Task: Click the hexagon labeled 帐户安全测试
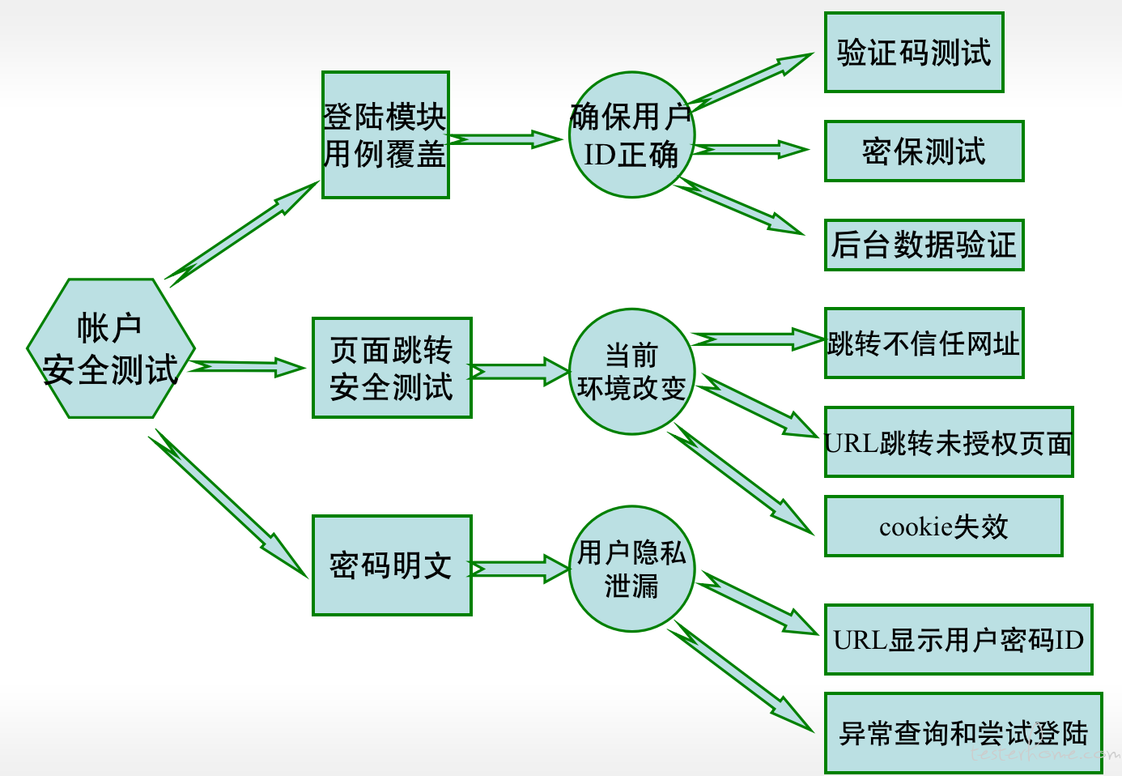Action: pyautogui.click(x=111, y=348)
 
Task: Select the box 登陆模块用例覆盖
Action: pyautogui.click(x=385, y=134)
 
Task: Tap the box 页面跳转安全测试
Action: pyautogui.click(x=392, y=368)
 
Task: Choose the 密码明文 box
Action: pyautogui.click(x=392, y=565)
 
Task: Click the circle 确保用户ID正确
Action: pyautogui.click(x=631, y=134)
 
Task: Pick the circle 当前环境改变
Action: pyautogui.click(x=631, y=372)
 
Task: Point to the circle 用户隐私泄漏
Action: pyautogui.click(x=631, y=569)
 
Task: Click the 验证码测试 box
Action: pyautogui.click(x=914, y=52)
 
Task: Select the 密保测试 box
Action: pyautogui.click(x=924, y=151)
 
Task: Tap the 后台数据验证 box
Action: pyautogui.click(x=924, y=245)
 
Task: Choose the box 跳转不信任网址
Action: pyautogui.click(x=924, y=343)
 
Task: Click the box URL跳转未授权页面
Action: pyautogui.click(x=949, y=441)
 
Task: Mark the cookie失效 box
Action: pyautogui.click(x=944, y=526)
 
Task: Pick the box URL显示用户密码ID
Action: pyautogui.click(x=958, y=639)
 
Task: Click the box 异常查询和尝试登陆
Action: pyautogui.click(x=963, y=733)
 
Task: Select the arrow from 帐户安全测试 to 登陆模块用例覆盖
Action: pyautogui.click(x=242, y=234)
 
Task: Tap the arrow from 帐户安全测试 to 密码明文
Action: pyautogui.click(x=228, y=503)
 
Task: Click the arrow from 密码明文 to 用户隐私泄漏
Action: pyautogui.click(x=519, y=569)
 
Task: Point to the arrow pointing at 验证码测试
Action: pyautogui.click(x=750, y=82)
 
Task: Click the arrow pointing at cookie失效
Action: pyautogui.click(x=741, y=480)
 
